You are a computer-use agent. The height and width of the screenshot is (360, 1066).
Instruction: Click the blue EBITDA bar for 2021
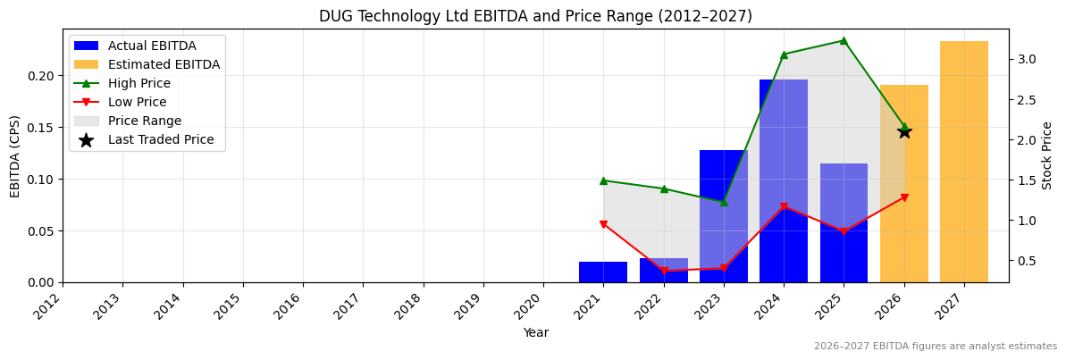[603, 272]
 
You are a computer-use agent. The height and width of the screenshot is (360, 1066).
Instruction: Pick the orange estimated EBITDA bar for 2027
[964, 162]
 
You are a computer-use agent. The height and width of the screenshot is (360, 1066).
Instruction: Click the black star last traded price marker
[904, 131]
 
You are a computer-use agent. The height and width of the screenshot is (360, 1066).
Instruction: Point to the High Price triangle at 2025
[844, 40]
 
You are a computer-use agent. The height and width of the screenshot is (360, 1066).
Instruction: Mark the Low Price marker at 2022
[664, 271]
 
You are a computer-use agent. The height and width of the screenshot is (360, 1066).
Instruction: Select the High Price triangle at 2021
[603, 180]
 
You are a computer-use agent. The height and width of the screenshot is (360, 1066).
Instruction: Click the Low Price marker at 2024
[784, 206]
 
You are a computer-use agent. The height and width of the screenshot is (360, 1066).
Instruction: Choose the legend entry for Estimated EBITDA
[164, 64]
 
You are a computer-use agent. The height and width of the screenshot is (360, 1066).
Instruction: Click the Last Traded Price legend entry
[161, 139]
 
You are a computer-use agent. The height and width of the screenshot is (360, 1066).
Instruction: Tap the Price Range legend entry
[145, 121]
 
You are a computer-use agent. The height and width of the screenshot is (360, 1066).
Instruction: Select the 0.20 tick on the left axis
[41, 76]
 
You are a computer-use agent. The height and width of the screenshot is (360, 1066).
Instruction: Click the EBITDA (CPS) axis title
[15, 155]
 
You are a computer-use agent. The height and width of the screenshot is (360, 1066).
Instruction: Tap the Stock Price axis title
[1047, 155]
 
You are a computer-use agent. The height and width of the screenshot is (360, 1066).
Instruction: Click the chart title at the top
[535, 16]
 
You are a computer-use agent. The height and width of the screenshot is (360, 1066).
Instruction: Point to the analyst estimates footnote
[935, 347]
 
